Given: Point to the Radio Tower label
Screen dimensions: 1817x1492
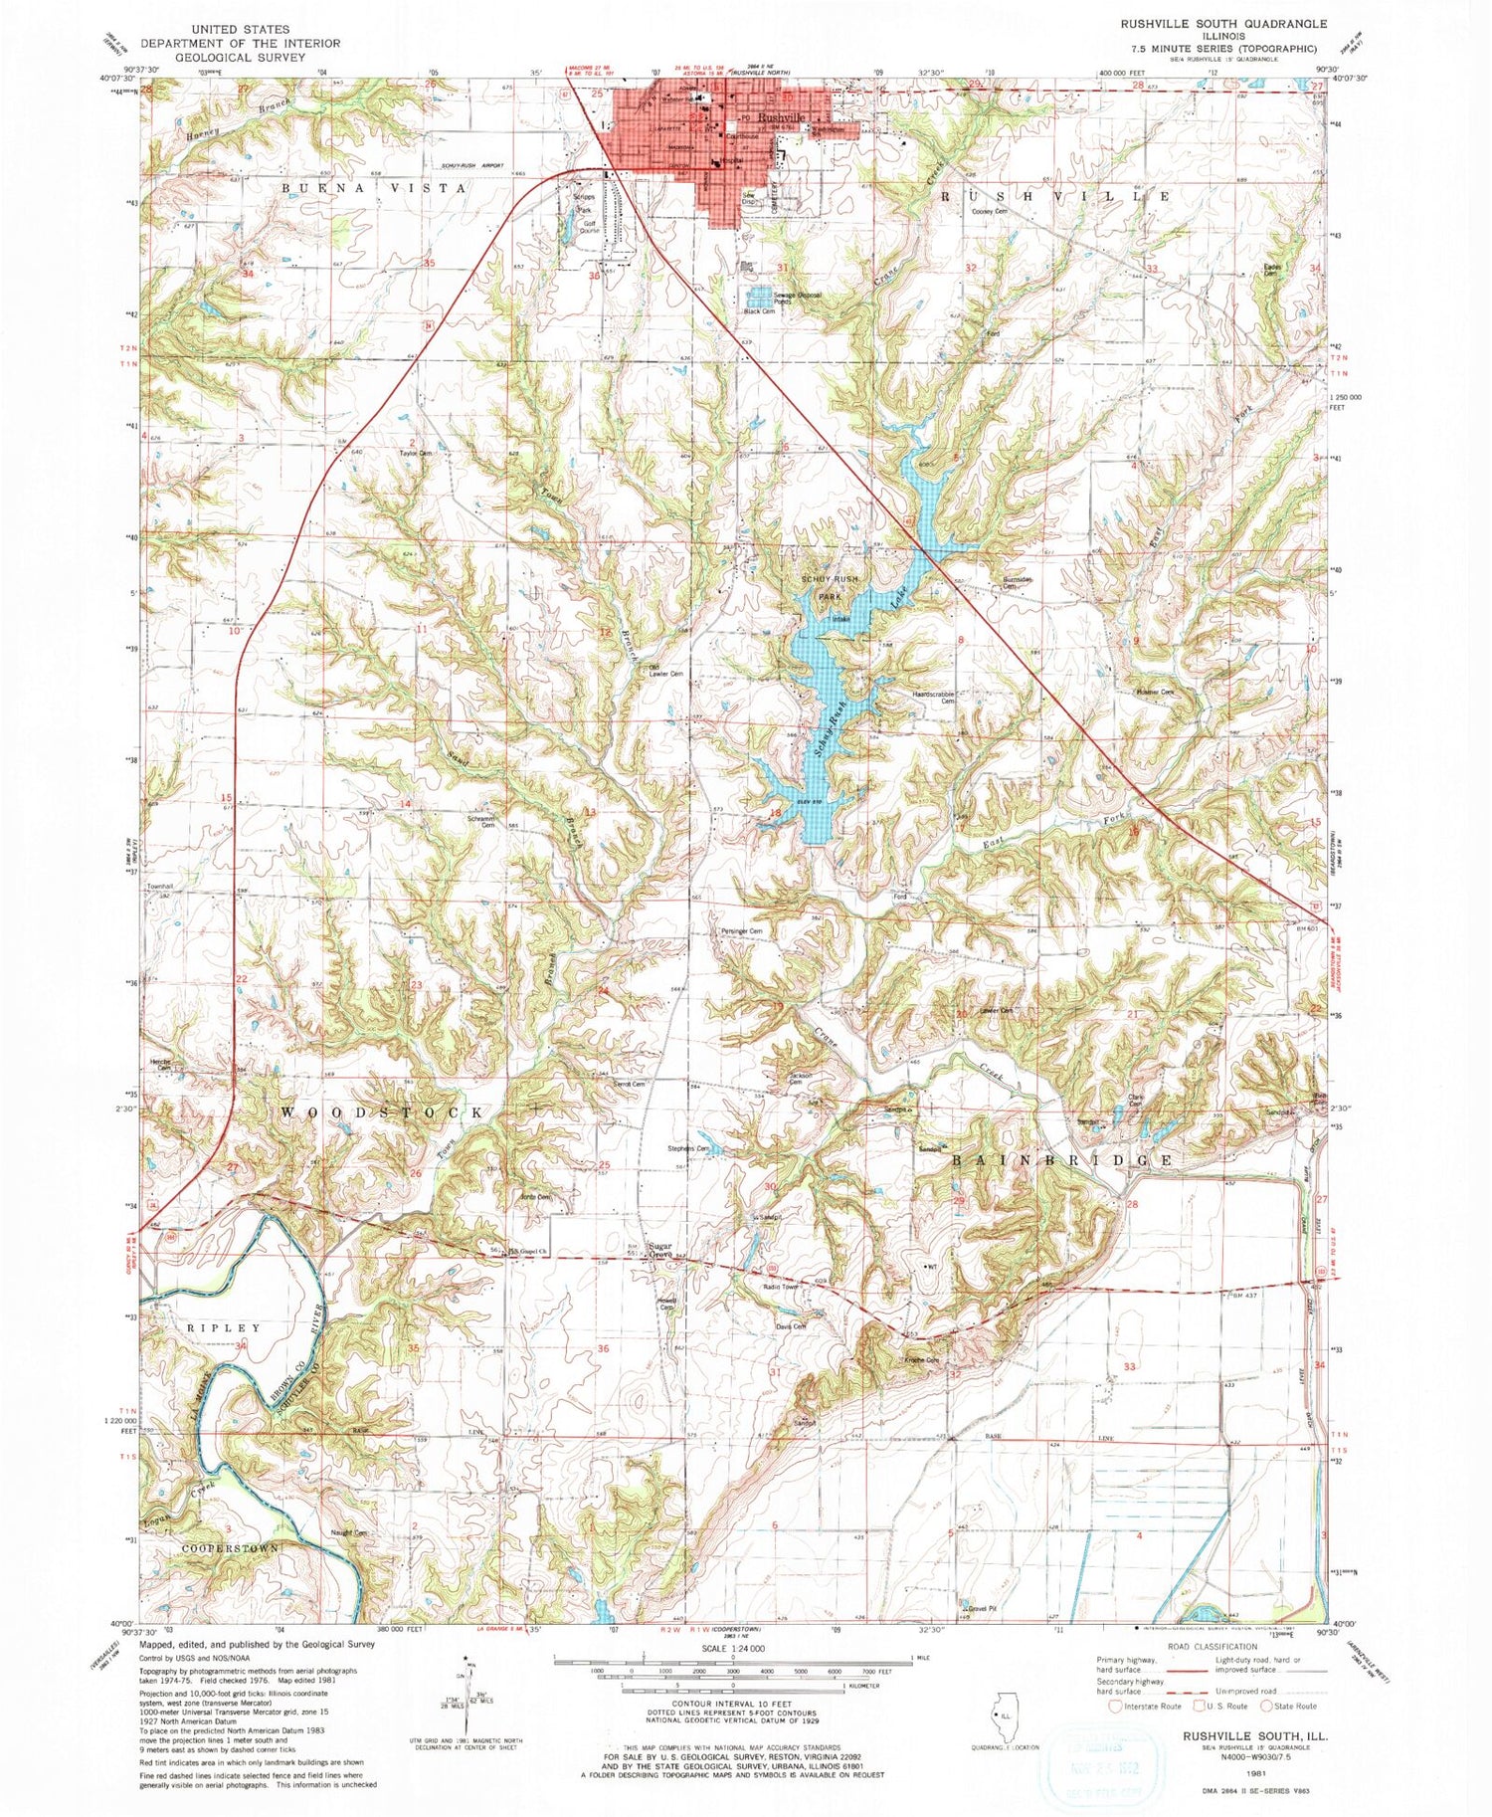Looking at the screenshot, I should click(x=781, y=1287).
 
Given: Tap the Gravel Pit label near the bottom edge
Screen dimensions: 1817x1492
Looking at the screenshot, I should click(x=980, y=1608).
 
